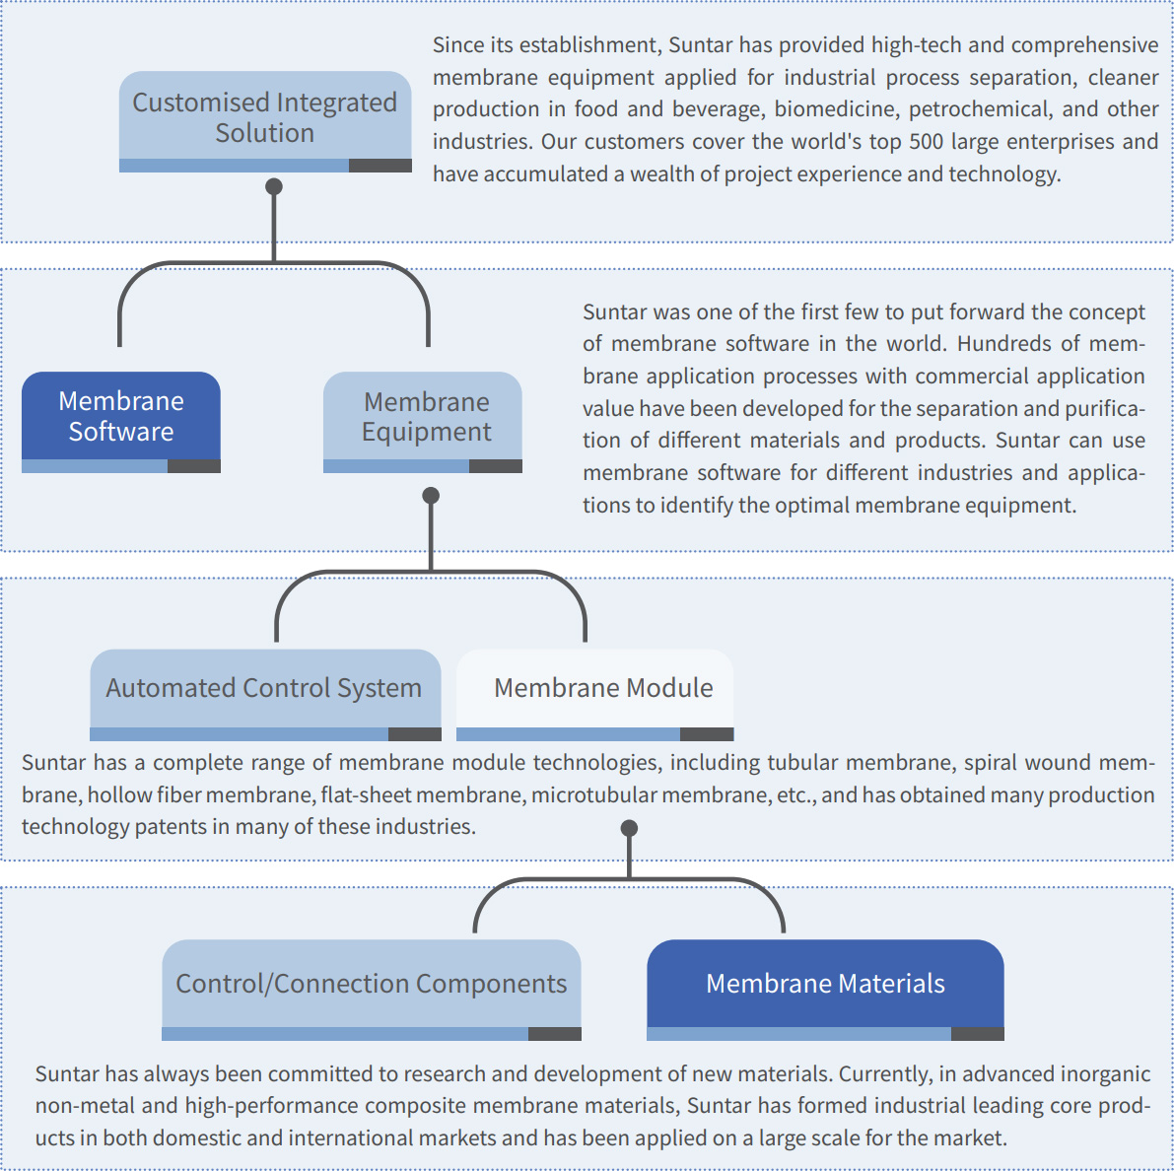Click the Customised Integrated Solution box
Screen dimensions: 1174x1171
pyautogui.click(x=265, y=121)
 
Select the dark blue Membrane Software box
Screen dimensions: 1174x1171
pyautogui.click(x=121, y=422)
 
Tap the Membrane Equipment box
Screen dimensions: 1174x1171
pyautogui.click(x=422, y=422)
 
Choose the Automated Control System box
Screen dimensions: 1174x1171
pyautogui.click(x=265, y=695)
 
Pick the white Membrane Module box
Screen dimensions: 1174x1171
pyautogui.click(x=594, y=695)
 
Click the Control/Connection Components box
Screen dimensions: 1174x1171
pyautogui.click(x=372, y=990)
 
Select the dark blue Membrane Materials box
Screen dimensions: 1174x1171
pyautogui.click(x=825, y=990)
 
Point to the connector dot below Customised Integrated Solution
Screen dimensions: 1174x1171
pyautogui.click(x=274, y=186)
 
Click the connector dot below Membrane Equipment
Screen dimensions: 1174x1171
pyautogui.click(x=431, y=496)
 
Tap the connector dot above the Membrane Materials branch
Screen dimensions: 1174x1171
pyautogui.click(x=629, y=828)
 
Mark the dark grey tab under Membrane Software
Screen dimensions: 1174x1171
pyautogui.click(x=194, y=466)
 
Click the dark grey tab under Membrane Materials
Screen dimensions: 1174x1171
pyautogui.click(x=977, y=1034)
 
